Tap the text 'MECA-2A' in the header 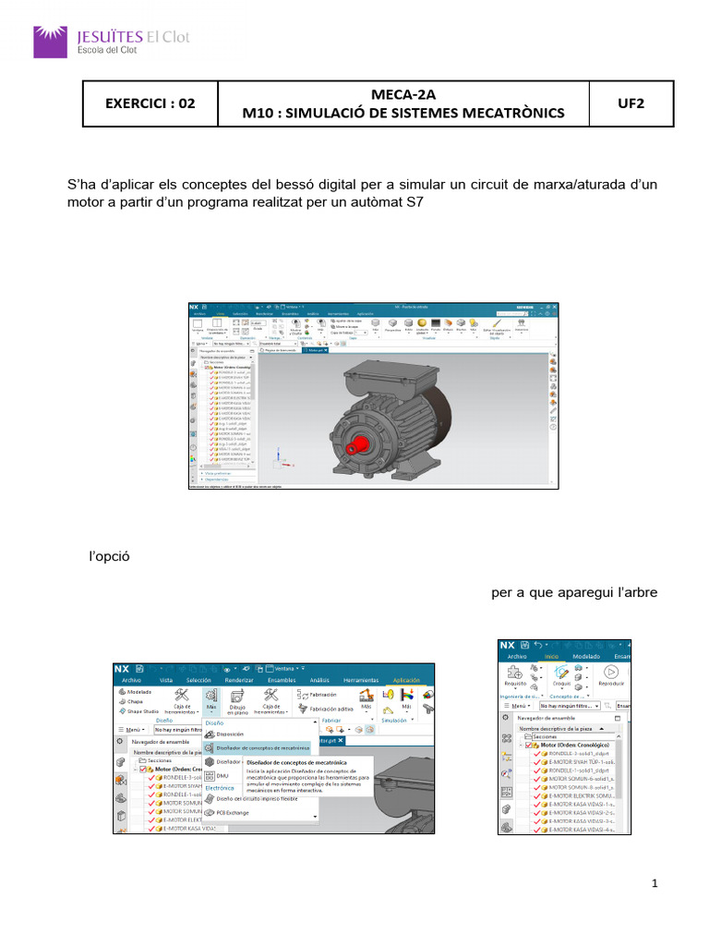click(x=402, y=93)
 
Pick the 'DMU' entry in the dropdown click(x=222, y=776)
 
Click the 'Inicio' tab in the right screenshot click(x=552, y=657)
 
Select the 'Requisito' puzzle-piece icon click(x=516, y=674)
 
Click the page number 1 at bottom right click(x=655, y=885)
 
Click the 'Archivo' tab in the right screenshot click(x=516, y=657)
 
